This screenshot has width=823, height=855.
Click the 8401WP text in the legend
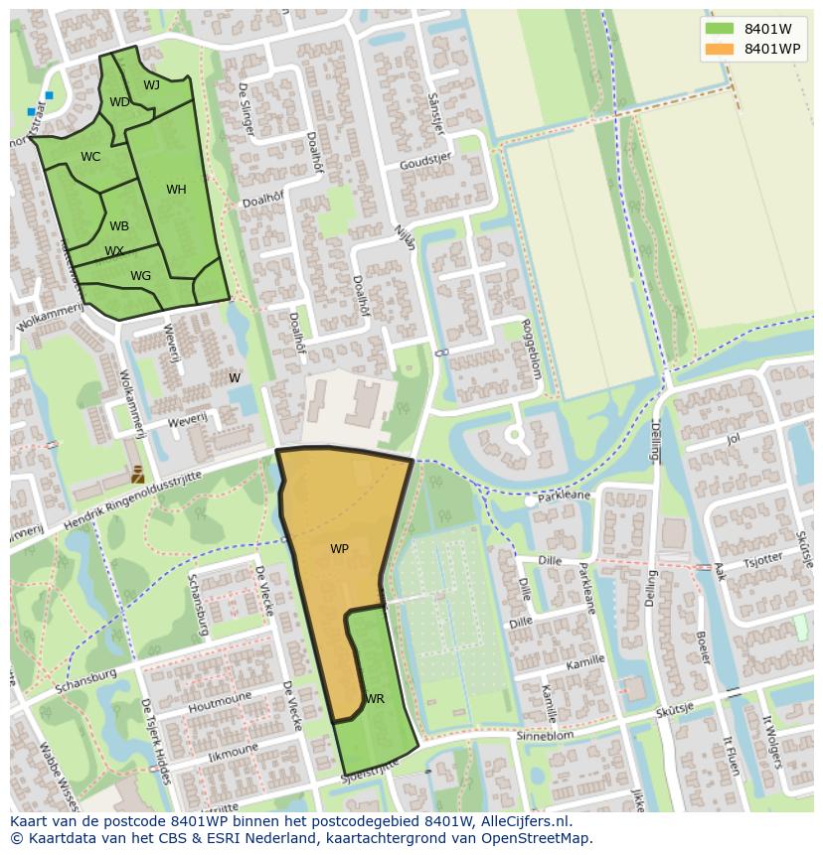coord(772,49)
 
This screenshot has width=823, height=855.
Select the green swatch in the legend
coord(720,29)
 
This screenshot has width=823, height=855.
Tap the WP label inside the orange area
coord(339,548)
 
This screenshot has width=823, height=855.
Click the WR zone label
coord(374,699)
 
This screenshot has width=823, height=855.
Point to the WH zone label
coord(176,190)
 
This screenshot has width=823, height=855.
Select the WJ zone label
coord(151,85)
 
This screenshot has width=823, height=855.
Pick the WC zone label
coord(90,157)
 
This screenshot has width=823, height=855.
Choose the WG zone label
coord(140,276)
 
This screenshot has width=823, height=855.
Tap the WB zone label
coord(119,226)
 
